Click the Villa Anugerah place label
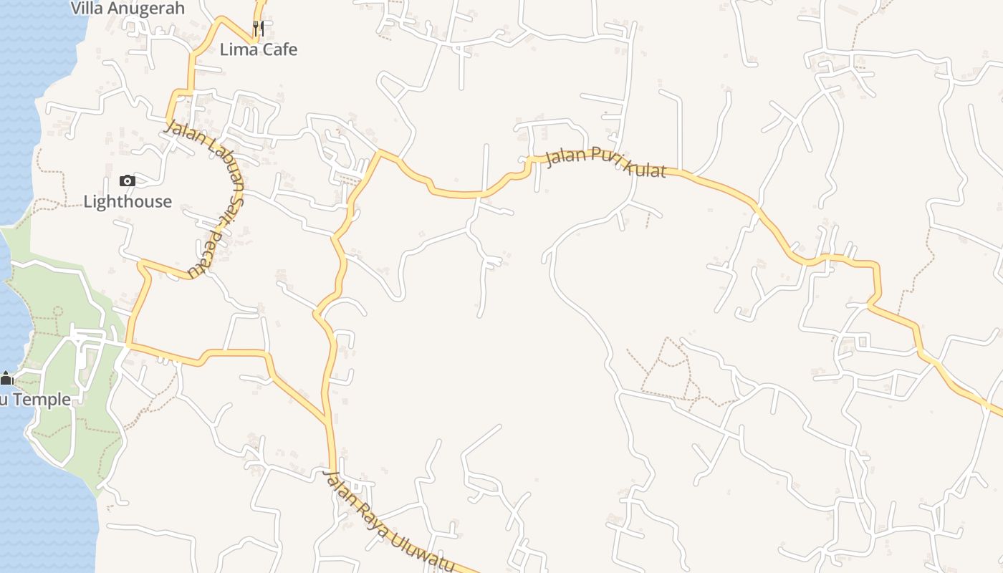pos(128,9)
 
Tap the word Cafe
pos(278,49)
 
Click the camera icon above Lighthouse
pos(128,181)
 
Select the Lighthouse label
pos(128,201)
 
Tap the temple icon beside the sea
pos(6,378)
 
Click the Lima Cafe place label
pos(258,49)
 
